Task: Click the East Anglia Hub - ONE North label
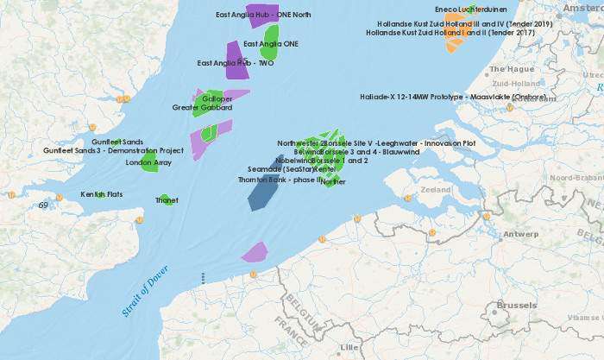point(264,16)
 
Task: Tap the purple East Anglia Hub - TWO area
point(235,60)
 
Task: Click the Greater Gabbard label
point(203,108)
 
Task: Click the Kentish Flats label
point(102,195)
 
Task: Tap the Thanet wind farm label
point(167,200)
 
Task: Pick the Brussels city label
point(517,306)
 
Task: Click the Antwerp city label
point(520,234)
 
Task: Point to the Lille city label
point(349,347)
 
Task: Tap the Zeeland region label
point(435,189)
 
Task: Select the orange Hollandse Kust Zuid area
point(453,40)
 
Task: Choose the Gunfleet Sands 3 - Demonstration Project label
point(114,151)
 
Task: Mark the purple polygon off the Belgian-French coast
point(255,252)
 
